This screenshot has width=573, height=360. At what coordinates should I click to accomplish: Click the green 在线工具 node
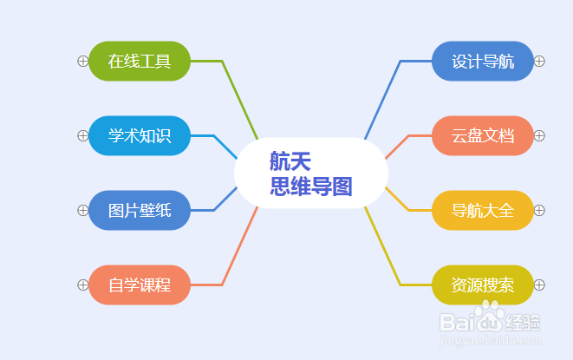pos(140,61)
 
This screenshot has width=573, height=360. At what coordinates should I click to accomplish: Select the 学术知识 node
pos(140,135)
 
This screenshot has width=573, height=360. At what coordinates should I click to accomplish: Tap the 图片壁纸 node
pos(140,211)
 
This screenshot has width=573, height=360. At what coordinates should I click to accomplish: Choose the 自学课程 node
pos(140,285)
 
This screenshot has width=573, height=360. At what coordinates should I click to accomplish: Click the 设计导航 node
pos(483,61)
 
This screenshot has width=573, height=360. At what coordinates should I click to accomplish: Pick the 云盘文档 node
pos(483,135)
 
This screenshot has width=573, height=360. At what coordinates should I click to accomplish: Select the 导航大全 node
pos(483,211)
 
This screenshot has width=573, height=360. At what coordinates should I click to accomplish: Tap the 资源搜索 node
pos(483,285)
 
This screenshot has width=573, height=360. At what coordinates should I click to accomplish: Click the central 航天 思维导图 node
pos(311,173)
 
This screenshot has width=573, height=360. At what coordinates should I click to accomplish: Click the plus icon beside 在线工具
pos(83,61)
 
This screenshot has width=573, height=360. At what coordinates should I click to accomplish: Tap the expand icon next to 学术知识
pos(83,135)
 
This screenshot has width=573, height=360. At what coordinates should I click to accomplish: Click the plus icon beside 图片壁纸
pos(83,211)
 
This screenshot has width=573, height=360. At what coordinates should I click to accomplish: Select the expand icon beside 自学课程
pos(83,285)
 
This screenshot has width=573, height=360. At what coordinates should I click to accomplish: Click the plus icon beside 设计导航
pos(539,61)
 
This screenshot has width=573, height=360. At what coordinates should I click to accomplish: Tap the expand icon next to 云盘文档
pos(539,135)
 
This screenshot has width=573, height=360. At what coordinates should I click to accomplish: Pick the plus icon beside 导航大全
pos(539,211)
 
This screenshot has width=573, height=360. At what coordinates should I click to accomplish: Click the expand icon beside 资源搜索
pos(539,285)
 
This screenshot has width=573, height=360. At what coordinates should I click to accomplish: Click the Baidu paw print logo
pos(490,316)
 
